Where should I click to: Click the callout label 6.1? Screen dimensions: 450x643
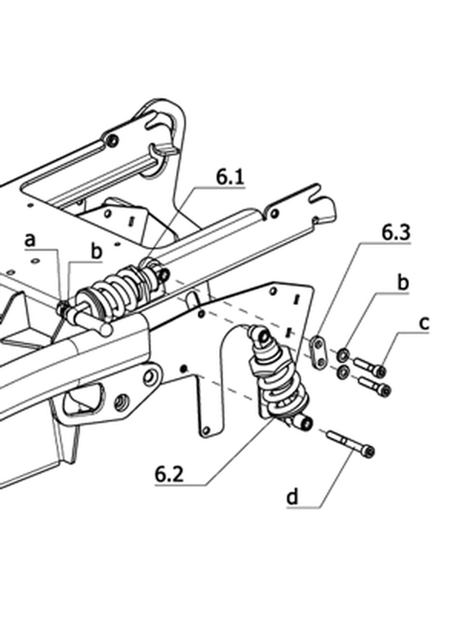pyautogui.click(x=230, y=177)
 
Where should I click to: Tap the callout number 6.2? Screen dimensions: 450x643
pyautogui.click(x=169, y=475)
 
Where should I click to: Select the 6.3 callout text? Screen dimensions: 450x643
pyautogui.click(x=396, y=232)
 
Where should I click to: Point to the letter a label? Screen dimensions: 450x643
pyautogui.click(x=30, y=240)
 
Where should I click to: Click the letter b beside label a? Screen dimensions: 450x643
pyautogui.click(x=96, y=251)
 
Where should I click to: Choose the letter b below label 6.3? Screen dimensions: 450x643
pyautogui.click(x=403, y=283)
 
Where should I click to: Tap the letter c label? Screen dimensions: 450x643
pyautogui.click(x=425, y=323)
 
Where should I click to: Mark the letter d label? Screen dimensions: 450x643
pyautogui.click(x=293, y=497)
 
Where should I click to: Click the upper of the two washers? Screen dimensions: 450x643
pyautogui.click(x=342, y=355)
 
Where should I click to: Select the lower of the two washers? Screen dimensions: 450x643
pyautogui.click(x=342, y=372)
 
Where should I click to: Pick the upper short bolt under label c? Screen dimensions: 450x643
pyautogui.click(x=369, y=368)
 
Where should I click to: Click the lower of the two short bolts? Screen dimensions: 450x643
pyautogui.click(x=375, y=386)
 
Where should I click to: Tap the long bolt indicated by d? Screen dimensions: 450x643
pyautogui.click(x=351, y=443)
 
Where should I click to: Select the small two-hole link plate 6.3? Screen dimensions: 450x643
pyautogui.click(x=317, y=351)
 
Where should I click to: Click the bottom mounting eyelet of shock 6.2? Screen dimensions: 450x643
pyautogui.click(x=305, y=422)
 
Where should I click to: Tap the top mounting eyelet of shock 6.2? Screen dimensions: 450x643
pyautogui.click(x=263, y=337)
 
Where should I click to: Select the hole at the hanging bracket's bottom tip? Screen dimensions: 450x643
pyautogui.click(x=207, y=430)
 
